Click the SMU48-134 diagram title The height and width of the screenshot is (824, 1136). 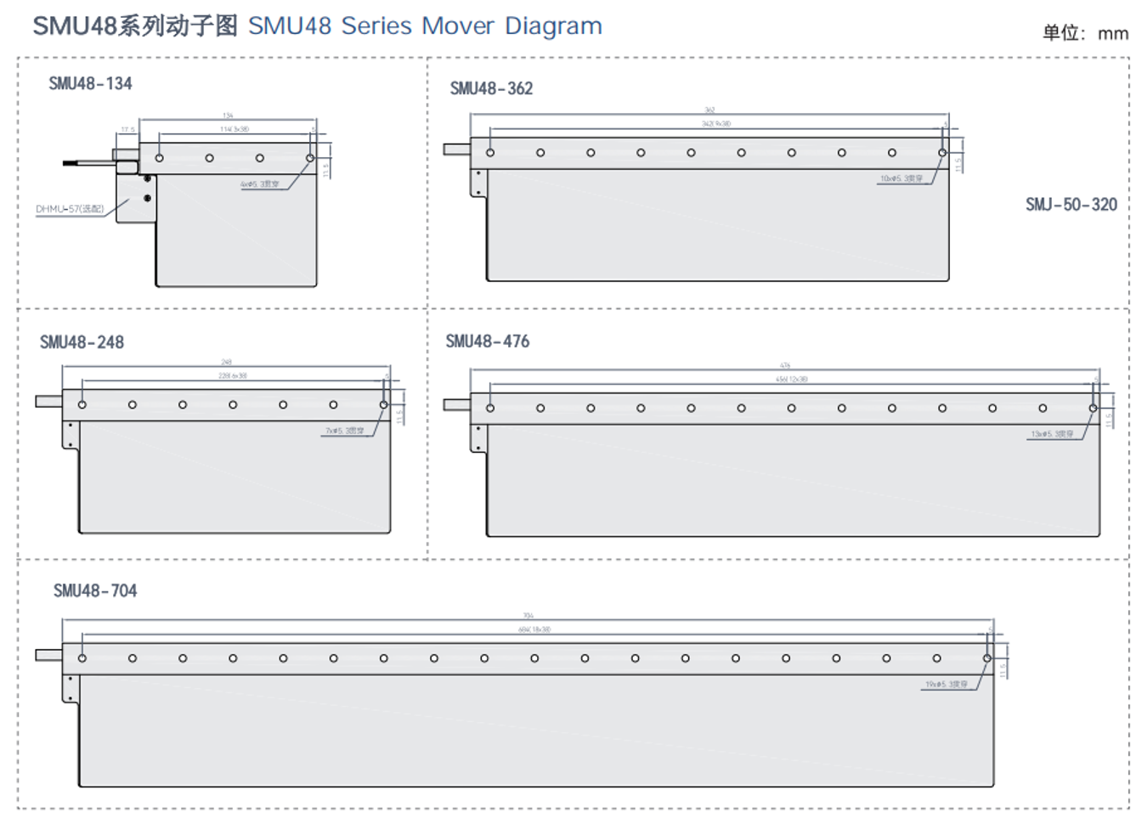point(90,83)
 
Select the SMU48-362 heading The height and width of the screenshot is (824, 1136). point(491,88)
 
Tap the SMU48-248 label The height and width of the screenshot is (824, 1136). point(82,342)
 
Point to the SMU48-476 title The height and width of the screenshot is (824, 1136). point(487,341)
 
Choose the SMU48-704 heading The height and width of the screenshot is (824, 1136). point(94,591)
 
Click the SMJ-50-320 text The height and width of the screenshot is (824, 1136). point(1071,205)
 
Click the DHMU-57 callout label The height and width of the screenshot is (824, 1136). point(70,209)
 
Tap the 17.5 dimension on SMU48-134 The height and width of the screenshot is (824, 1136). point(127,130)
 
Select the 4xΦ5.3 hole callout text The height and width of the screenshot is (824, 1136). point(259,183)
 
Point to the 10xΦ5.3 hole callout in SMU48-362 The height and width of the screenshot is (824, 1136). point(901,178)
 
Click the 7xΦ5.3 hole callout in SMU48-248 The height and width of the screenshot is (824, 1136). point(344,431)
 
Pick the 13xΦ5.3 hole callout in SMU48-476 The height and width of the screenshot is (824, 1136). point(1052,434)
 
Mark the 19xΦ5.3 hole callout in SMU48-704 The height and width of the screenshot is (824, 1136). point(946,684)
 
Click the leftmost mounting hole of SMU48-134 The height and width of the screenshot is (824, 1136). point(159,158)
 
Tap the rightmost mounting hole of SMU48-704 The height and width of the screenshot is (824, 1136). point(987,658)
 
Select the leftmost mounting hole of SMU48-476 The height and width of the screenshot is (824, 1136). point(490,409)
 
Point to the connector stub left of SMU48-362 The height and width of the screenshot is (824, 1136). point(456,150)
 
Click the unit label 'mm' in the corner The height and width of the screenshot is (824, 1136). point(1112,34)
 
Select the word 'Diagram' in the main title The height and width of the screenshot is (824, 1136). point(553,26)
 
